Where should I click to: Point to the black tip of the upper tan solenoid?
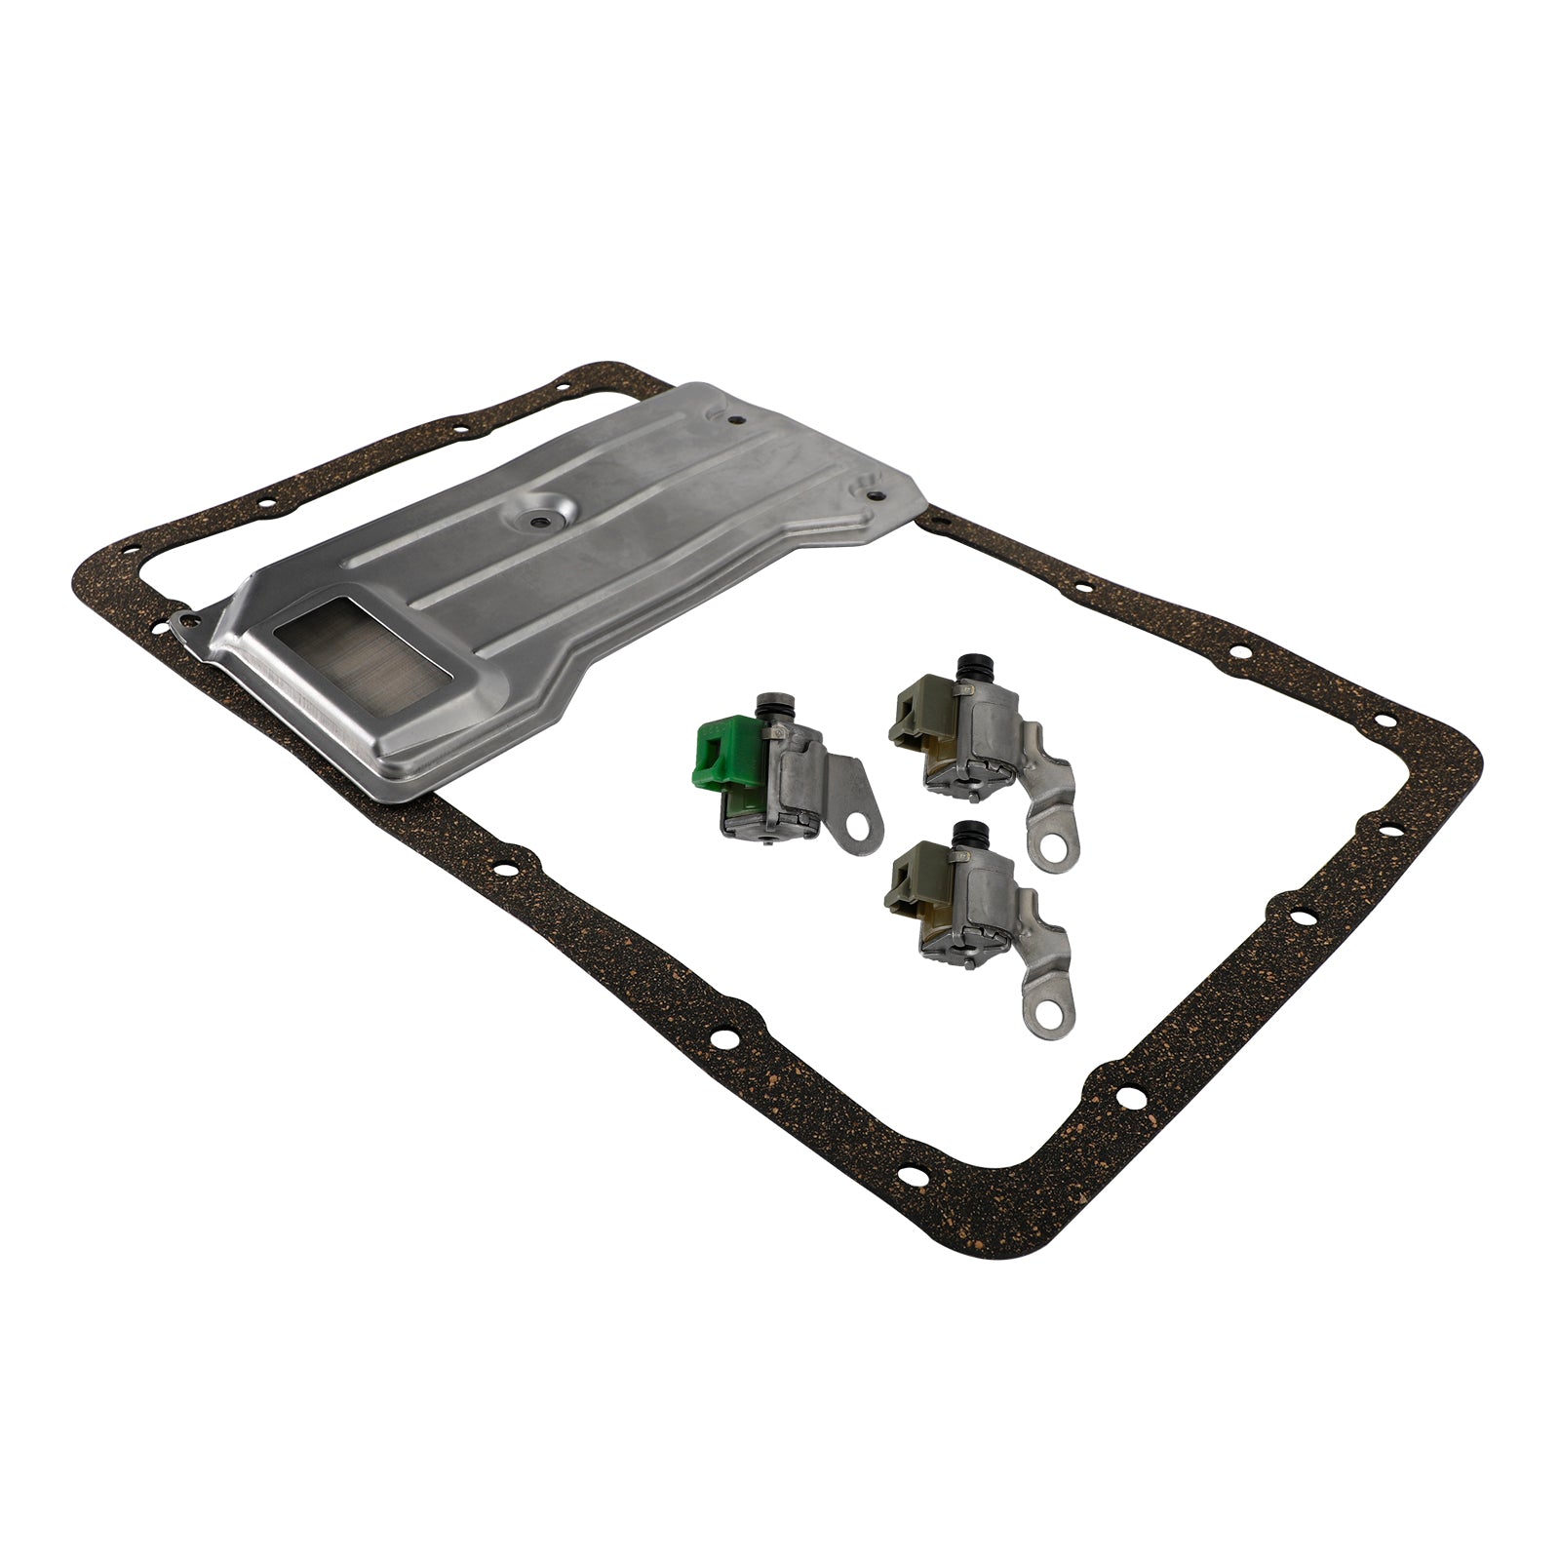click(970, 668)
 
